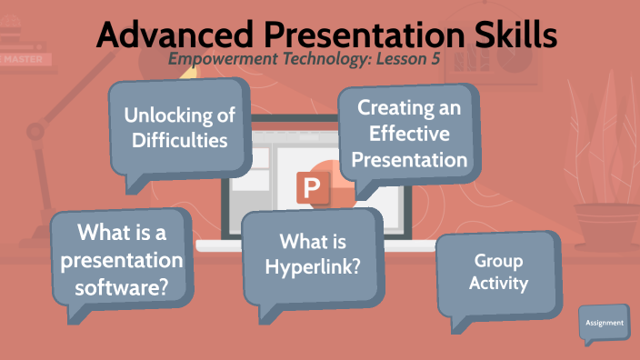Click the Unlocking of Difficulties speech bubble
coord(178,127)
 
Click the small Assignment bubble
coord(604,323)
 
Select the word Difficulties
coord(179,140)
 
